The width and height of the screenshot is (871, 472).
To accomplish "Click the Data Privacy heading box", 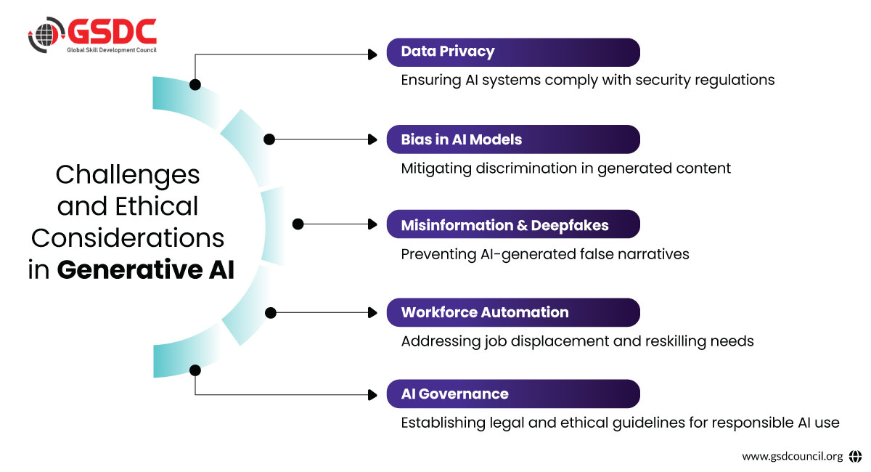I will point(513,52).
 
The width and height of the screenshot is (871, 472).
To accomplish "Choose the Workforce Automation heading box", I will point(513,312).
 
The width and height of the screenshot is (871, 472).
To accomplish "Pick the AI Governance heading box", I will point(513,394).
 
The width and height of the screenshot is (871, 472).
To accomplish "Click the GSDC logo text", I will point(112,31).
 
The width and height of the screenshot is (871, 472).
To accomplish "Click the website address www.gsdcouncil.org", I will point(792,457).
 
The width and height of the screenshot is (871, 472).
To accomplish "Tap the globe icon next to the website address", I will point(855,457).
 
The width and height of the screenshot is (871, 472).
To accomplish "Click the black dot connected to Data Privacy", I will point(195,85).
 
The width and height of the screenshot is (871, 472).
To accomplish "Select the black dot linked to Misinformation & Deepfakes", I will point(297,225).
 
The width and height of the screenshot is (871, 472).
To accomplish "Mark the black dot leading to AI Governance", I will point(195,370).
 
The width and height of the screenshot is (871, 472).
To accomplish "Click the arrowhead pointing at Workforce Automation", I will point(373,313).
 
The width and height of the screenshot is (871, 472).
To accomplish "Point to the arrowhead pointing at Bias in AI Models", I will point(373,139).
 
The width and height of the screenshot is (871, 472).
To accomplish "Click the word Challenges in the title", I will point(128,174).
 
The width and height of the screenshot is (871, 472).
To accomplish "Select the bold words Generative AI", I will point(146,269).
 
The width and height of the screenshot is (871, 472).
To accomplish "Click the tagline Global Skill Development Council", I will point(112,49).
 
